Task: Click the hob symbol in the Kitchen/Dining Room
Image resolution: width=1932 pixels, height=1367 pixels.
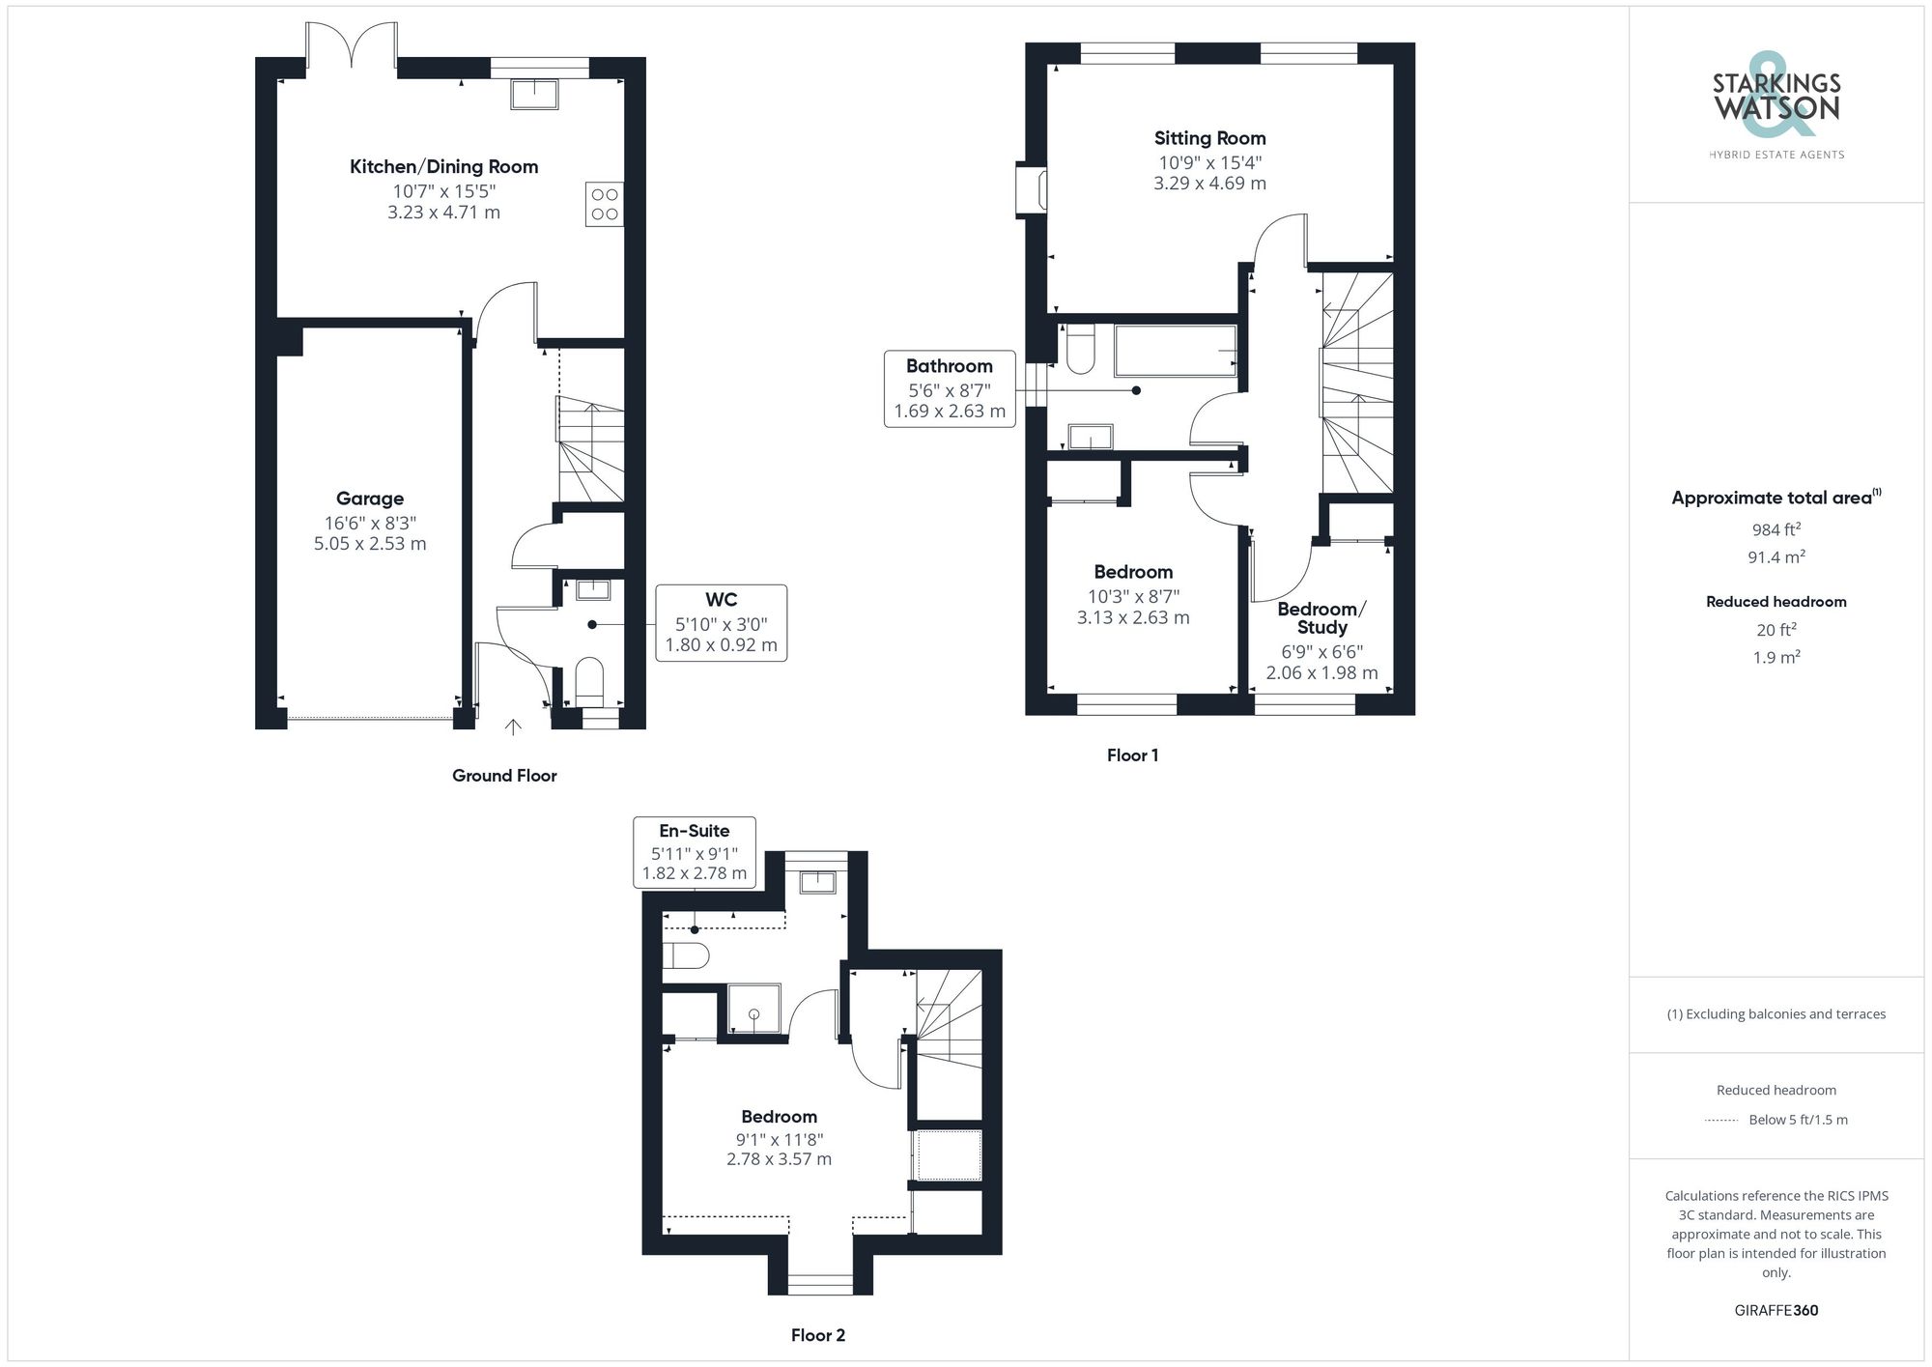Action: [604, 204]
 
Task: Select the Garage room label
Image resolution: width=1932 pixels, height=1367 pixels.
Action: [370, 498]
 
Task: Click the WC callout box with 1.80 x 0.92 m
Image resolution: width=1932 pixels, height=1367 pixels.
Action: [721, 623]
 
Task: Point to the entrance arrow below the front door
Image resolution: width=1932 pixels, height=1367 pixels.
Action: [513, 726]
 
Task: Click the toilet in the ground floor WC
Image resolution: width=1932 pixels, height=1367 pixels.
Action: [588, 679]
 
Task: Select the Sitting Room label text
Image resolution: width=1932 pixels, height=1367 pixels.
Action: [1209, 138]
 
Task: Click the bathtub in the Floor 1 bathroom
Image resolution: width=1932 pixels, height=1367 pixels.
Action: [1175, 351]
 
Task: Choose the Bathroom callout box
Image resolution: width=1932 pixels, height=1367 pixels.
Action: [950, 388]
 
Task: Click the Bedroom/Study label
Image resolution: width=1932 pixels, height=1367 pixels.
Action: [1321, 617]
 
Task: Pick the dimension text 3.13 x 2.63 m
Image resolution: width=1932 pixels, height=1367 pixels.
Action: [1133, 617]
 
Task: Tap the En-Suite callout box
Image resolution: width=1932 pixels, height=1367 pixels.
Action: [695, 851]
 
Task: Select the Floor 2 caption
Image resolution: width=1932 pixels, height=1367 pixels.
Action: [817, 1335]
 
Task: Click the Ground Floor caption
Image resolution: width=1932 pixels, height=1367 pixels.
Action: [504, 775]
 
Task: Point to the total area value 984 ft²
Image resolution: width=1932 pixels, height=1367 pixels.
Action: [1776, 529]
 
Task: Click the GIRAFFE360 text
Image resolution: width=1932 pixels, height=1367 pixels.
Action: [1776, 1310]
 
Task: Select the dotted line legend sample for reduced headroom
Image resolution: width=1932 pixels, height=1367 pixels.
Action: [1721, 1121]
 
